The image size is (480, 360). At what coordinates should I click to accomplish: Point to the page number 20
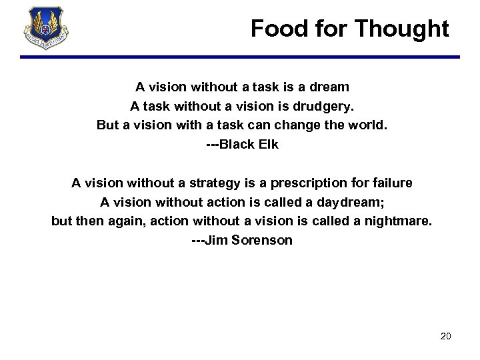[446, 336]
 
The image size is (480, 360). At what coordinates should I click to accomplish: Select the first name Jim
[215, 240]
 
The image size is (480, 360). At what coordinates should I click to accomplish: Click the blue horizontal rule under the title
[240, 58]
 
